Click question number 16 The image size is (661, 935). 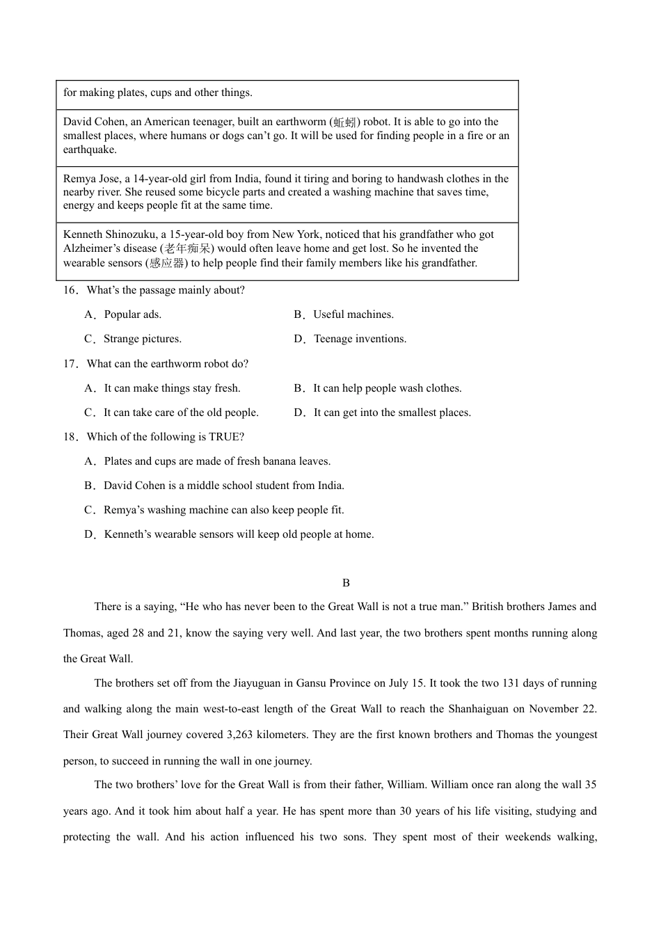pyautogui.click(x=70, y=290)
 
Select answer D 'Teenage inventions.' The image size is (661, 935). pyautogui.click(x=359, y=339)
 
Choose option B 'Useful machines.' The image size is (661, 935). pyautogui.click(x=353, y=314)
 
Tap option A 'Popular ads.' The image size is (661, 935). pyautogui.click(x=132, y=314)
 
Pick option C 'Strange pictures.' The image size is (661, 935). pyautogui.click(x=142, y=339)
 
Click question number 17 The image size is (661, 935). pyautogui.click(x=70, y=364)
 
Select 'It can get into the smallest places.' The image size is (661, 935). pyautogui.click(x=392, y=413)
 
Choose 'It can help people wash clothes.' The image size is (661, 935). pyautogui.click(x=387, y=388)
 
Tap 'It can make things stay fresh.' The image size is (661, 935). pyautogui.click(x=172, y=388)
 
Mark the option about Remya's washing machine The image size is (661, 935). pyautogui.click(x=223, y=510)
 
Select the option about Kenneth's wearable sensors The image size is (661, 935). pyautogui.click(x=239, y=534)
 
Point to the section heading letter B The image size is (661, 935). pyautogui.click(x=346, y=583)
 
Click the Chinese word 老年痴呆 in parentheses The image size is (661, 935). pyautogui.click(x=187, y=248)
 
